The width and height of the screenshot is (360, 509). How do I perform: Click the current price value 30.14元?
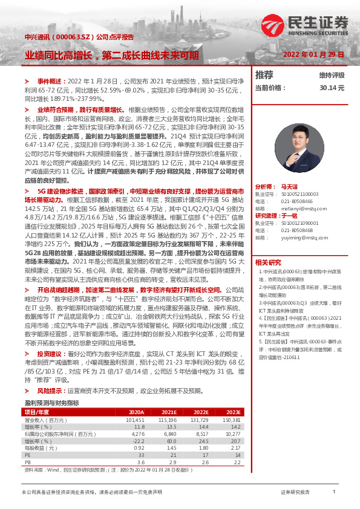tap(332, 88)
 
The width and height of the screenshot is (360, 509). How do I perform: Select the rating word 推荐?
tap(264, 76)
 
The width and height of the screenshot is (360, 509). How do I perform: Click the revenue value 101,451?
tap(135, 420)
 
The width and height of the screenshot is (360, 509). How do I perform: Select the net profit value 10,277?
tap(232, 433)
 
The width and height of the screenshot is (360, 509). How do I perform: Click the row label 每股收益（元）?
tap(42, 448)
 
